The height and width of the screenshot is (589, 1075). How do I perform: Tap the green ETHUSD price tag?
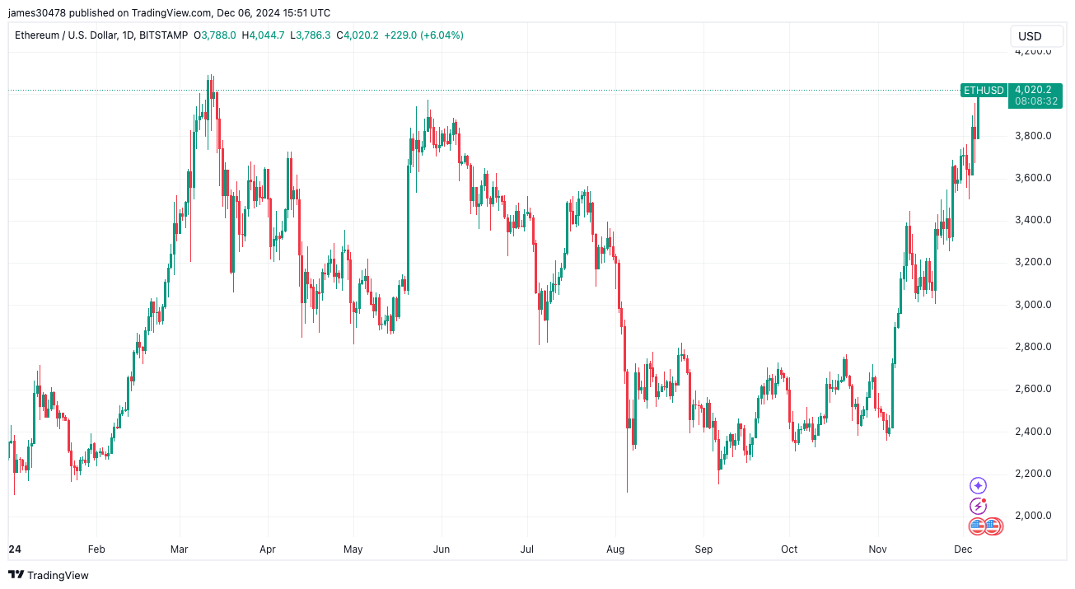984,90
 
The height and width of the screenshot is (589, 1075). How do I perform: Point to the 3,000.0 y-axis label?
1031,305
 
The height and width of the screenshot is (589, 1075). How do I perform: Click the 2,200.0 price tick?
1031,474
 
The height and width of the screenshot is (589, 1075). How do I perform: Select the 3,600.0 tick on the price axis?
1031,178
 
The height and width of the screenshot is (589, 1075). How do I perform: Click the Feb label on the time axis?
96,549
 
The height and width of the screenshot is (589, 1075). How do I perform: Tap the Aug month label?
615,549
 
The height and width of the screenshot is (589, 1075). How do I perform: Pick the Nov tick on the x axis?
877,549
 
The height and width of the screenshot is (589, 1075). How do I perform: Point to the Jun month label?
442,549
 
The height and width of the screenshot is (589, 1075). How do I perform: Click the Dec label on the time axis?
963,549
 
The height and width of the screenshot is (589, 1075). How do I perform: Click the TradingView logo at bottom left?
49,575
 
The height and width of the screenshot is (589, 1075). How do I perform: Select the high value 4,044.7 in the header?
267,35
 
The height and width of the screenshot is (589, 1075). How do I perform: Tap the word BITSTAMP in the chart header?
163,35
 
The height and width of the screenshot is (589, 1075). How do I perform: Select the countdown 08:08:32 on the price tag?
1036,101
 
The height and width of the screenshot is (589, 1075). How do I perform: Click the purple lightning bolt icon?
978,506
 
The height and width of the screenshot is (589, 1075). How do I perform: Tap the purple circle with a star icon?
978,486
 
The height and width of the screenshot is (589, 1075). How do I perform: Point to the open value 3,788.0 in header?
218,35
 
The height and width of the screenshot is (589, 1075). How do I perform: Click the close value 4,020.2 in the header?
362,35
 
